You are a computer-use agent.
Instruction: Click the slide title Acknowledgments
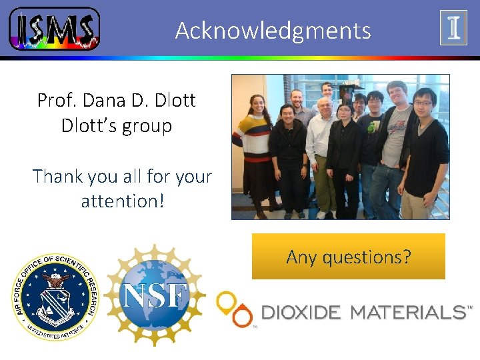(x=273, y=31)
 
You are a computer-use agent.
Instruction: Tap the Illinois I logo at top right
(x=453, y=27)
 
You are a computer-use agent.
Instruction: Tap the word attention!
(x=122, y=201)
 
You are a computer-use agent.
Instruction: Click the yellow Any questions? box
(x=348, y=257)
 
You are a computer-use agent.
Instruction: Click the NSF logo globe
(x=155, y=295)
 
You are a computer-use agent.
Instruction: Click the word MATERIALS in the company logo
(x=407, y=312)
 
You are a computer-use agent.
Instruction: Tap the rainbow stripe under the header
(x=240, y=58)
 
